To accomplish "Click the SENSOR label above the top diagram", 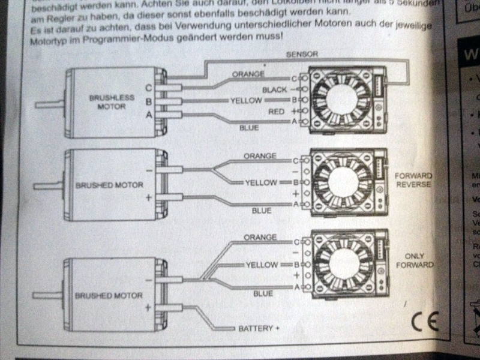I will [302, 54].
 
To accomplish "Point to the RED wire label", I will [276, 112].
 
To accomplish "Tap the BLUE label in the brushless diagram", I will [249, 127].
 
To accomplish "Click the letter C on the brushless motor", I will [148, 88].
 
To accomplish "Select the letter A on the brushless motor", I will [148, 114].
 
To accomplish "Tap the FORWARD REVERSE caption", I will [413, 180].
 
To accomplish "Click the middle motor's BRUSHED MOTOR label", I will [109, 185].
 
